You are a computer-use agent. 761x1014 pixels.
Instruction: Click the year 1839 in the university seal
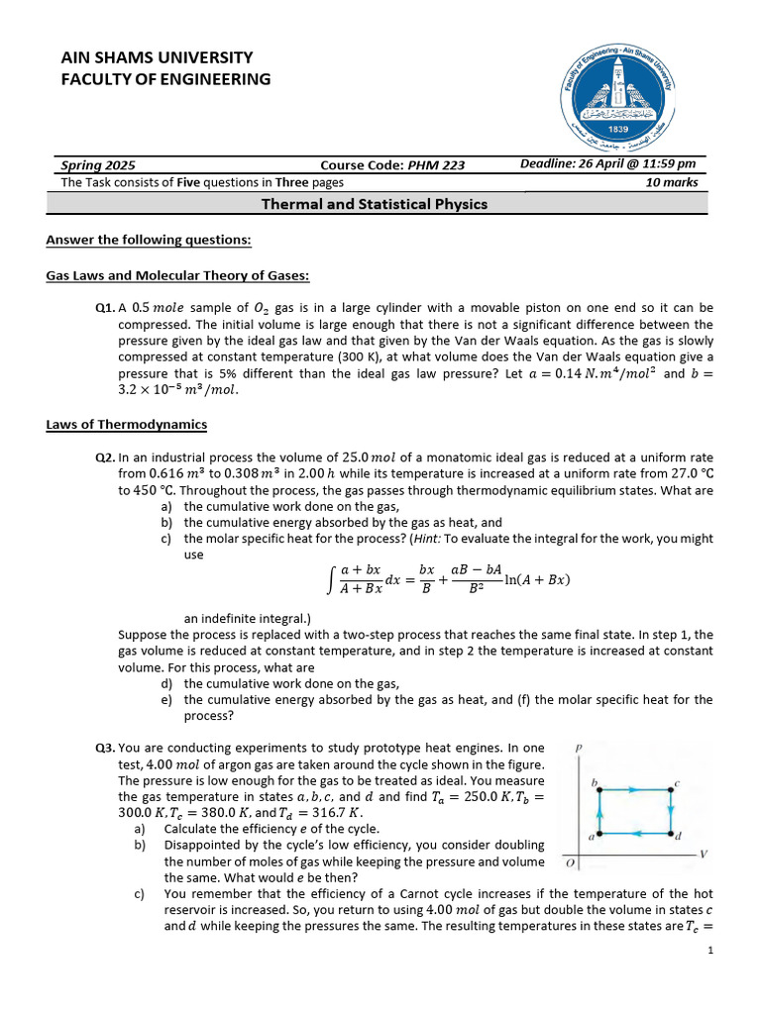(x=620, y=129)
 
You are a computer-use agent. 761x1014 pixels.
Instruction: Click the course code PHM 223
(x=436, y=165)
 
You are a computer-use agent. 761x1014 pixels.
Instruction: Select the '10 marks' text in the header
(x=672, y=182)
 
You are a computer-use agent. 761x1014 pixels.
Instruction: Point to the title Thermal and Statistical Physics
(x=374, y=204)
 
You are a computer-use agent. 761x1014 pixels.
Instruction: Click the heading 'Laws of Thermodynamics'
(x=126, y=425)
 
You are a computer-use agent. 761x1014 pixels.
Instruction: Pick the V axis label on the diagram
(x=704, y=854)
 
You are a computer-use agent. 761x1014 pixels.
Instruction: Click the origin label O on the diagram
(x=572, y=864)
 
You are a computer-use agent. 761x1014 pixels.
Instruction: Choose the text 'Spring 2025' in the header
(x=98, y=165)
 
